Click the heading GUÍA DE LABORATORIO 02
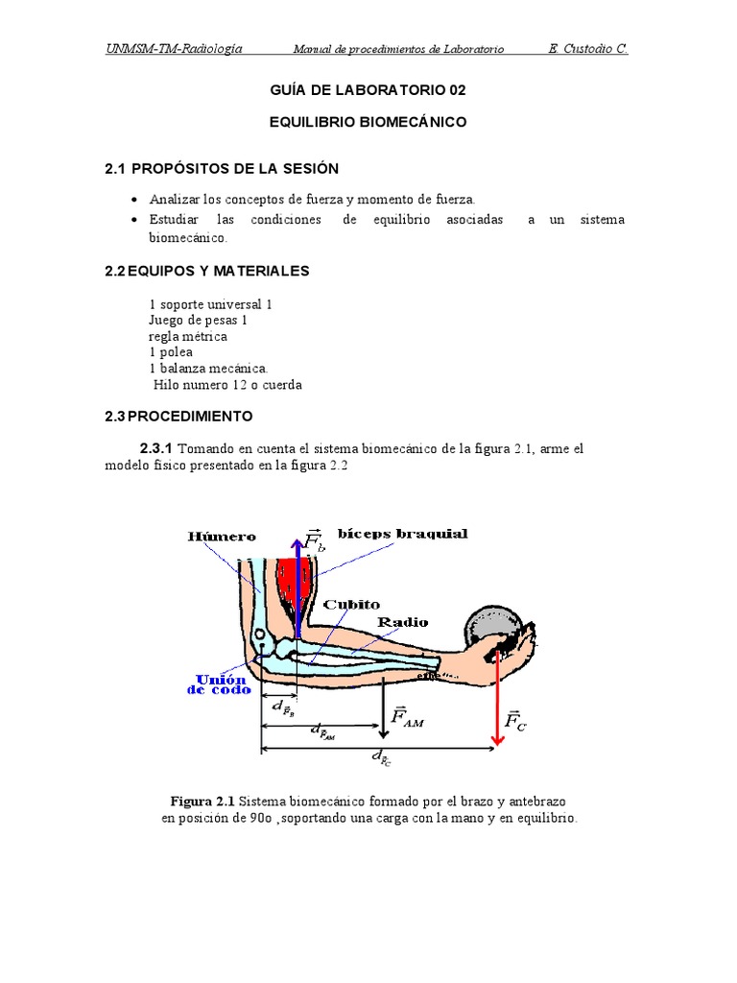coord(368,90)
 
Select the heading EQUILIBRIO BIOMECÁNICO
coord(368,123)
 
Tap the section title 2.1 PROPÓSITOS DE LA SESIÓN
coord(222,169)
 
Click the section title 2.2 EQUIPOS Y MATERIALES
coord(207,272)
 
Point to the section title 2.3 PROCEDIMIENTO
coord(178,417)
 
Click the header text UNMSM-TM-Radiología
coord(174,48)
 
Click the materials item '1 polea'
coord(171,352)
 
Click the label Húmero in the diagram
coord(222,537)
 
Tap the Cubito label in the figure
coord(351,605)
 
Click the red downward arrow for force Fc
coord(496,691)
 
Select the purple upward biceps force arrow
coord(297,586)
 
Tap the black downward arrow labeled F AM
coord(383,706)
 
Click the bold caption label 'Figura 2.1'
coord(202,801)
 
